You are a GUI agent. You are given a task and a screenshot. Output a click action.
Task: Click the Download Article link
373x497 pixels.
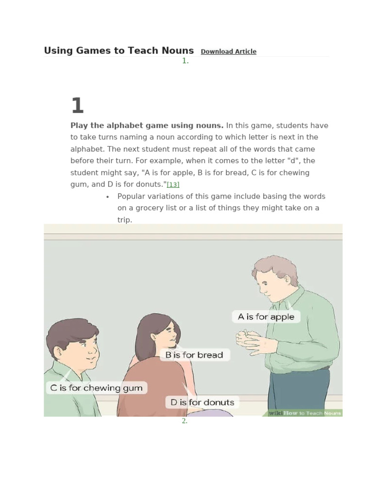tap(228, 51)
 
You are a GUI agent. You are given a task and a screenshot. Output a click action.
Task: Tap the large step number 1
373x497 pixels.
tap(77, 106)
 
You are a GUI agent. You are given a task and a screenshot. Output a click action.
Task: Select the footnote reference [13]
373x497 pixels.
tap(173, 184)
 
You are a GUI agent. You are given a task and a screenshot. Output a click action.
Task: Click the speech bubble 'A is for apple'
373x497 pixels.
tap(266, 317)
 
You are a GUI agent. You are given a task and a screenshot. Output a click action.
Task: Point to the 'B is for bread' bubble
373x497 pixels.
tap(194, 355)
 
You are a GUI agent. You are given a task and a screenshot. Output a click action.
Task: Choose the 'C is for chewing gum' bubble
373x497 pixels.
tap(96, 388)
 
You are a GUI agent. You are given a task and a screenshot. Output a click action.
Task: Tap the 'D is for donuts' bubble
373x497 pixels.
tap(202, 402)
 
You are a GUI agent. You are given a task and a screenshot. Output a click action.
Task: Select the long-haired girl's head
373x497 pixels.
tap(157, 334)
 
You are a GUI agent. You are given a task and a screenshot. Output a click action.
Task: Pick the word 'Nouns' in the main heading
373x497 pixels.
tap(178, 50)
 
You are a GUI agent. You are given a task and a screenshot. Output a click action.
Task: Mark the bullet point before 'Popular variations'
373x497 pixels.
tap(107, 197)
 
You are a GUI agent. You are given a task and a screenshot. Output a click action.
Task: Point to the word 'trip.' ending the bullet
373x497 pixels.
tap(125, 220)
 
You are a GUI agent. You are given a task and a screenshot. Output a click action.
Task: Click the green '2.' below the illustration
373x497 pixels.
tap(185, 421)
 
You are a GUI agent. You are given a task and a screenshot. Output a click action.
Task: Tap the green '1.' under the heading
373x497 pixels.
tap(185, 61)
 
